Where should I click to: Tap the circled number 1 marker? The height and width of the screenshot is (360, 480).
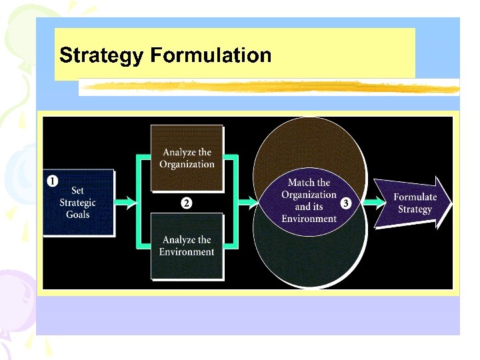pyautogui.click(x=52, y=180)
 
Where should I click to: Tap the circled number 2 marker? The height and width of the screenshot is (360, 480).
pyautogui.click(x=187, y=203)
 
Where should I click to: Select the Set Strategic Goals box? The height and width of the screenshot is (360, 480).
pyautogui.click(x=78, y=203)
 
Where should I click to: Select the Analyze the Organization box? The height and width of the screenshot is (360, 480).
pyautogui.click(x=187, y=158)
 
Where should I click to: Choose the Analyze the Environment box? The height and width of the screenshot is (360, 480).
pyautogui.click(x=187, y=246)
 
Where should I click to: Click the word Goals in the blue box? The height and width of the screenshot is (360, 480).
pyautogui.click(x=78, y=215)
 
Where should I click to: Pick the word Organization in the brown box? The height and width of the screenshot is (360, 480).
pyautogui.click(x=187, y=165)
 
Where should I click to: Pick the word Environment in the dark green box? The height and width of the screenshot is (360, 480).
pyautogui.click(x=187, y=252)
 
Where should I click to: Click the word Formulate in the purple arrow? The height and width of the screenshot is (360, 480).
pyautogui.click(x=415, y=197)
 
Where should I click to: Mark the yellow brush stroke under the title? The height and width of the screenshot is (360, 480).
pyautogui.click(x=267, y=87)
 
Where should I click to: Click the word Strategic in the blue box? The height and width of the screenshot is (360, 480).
pyautogui.click(x=78, y=203)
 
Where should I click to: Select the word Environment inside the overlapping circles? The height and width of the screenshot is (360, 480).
pyautogui.click(x=309, y=219)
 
